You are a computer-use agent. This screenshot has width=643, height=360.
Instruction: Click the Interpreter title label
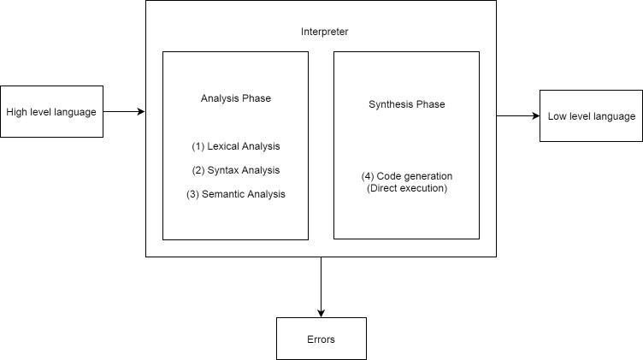click(324, 32)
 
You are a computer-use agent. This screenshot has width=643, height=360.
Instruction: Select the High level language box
click(51, 111)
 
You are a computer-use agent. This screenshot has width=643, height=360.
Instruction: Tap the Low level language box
click(591, 116)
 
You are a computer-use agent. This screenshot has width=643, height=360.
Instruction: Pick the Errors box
click(321, 339)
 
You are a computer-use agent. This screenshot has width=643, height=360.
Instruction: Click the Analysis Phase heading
click(235, 98)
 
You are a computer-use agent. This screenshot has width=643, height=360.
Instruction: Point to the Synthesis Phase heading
click(406, 104)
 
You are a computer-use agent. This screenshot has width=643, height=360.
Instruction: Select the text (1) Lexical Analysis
click(235, 146)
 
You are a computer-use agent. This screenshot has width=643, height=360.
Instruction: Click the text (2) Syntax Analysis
click(235, 170)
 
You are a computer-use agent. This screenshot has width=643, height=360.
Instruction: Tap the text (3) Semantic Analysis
click(235, 194)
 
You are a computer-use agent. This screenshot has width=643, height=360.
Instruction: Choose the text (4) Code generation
click(406, 176)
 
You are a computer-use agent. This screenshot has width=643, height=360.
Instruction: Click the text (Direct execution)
click(406, 188)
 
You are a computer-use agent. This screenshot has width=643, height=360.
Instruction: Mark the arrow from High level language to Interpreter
click(124, 111)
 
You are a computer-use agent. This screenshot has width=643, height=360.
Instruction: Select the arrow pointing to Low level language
click(517, 115)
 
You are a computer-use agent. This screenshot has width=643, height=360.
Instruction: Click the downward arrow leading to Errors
click(321, 286)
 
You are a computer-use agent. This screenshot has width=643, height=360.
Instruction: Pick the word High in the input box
click(16, 112)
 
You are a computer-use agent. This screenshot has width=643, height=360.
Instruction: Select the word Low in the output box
click(557, 116)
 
